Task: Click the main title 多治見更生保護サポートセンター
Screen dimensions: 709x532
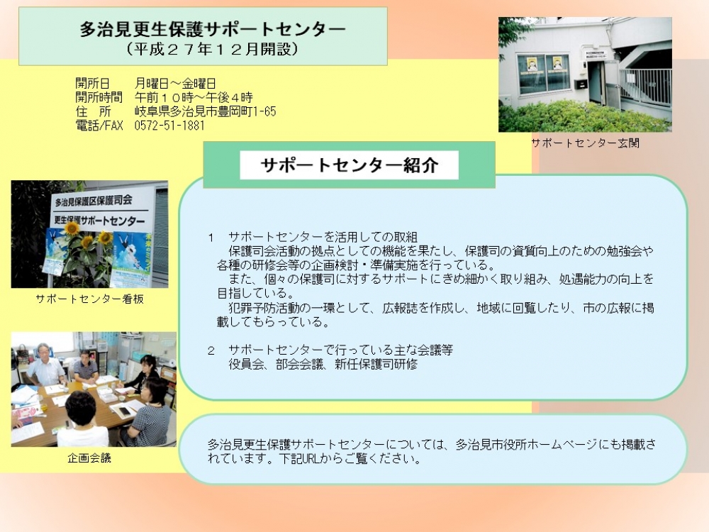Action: tap(213, 29)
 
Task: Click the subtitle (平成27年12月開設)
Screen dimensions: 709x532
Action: tap(213, 49)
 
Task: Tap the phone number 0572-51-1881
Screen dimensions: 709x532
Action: tap(169, 126)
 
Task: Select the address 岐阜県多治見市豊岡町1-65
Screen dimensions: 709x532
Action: tap(206, 111)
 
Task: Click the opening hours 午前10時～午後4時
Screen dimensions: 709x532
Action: tap(194, 97)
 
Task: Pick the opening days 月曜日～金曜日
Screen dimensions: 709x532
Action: tap(175, 83)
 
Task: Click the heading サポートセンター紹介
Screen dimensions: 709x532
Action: tap(349, 165)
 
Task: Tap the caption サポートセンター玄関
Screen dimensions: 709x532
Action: tap(585, 143)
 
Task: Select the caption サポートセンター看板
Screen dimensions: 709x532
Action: tap(89, 299)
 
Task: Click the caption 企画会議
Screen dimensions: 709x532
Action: tap(89, 458)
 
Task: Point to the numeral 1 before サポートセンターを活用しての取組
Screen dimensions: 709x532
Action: tap(211, 238)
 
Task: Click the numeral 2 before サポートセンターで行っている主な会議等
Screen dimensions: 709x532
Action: tap(211, 350)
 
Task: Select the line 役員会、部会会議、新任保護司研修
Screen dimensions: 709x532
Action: tap(323, 364)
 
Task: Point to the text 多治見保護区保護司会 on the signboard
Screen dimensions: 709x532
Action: tap(94, 200)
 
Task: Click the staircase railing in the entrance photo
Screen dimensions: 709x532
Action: tap(645, 86)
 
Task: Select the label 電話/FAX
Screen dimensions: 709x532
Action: tap(99, 126)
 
